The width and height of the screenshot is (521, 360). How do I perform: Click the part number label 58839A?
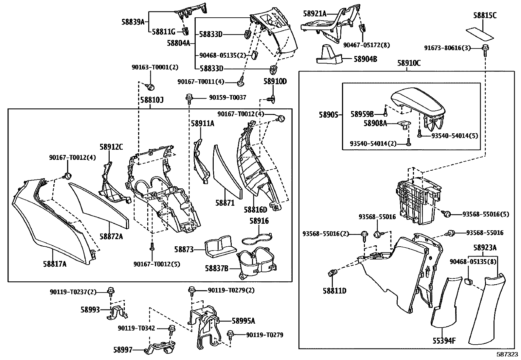click(133, 22)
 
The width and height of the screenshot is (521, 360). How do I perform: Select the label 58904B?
click(366, 59)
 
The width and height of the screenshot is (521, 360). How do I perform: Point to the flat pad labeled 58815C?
click(480, 34)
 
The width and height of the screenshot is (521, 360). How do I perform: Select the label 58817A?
click(55, 264)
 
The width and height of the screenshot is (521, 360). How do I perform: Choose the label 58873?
click(184, 250)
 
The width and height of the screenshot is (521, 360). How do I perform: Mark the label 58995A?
click(243, 321)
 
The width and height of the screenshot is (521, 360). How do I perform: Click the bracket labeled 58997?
click(160, 347)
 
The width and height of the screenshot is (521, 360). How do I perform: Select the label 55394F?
click(444, 341)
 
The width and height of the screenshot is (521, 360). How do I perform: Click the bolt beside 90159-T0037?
click(189, 99)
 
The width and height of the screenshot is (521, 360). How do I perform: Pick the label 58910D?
click(275, 82)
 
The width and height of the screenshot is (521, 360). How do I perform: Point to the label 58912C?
click(111, 147)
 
